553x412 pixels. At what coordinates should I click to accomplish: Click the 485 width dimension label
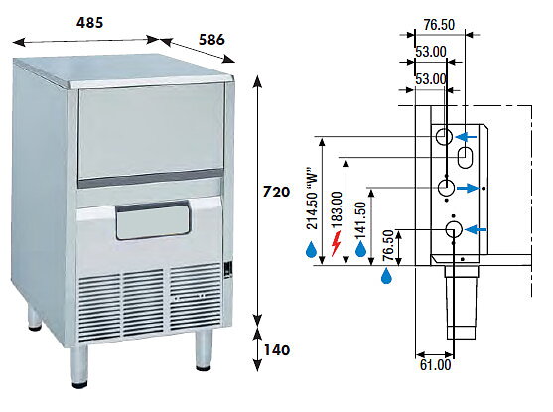pyautogui.click(x=90, y=23)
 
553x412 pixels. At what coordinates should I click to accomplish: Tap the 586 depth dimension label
pyautogui.click(x=211, y=40)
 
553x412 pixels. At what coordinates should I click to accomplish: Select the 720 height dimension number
pyautogui.click(x=276, y=192)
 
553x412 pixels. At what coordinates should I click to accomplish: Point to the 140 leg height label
pyautogui.click(x=277, y=350)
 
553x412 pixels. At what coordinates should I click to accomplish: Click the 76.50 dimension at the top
pyautogui.click(x=439, y=25)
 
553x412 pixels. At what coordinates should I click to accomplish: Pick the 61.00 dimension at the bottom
pyautogui.click(x=436, y=364)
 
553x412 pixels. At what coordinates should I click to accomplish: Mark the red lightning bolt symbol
pyautogui.click(x=337, y=243)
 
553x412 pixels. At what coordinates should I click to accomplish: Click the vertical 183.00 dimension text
pyautogui.click(x=337, y=209)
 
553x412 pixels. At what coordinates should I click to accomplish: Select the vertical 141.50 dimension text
pyautogui.click(x=361, y=220)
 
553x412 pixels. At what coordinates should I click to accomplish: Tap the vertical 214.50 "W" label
pyautogui.click(x=313, y=199)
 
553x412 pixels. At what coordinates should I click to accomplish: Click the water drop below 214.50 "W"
pyautogui.click(x=311, y=249)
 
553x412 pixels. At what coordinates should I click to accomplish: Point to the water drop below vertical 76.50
pyautogui.click(x=387, y=275)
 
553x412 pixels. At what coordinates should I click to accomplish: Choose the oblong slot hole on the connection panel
pyautogui.click(x=466, y=158)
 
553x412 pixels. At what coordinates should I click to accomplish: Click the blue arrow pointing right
pyautogui.click(x=468, y=188)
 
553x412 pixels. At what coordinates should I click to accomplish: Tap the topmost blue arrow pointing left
pyautogui.click(x=466, y=137)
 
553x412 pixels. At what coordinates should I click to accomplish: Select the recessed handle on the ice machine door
pyautogui.click(x=153, y=219)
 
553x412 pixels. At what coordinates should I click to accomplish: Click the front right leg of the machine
pyautogui.click(x=205, y=349)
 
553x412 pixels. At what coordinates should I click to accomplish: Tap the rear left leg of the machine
pyautogui.click(x=34, y=318)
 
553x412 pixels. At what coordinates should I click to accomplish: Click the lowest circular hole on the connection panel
pyautogui.click(x=454, y=229)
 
